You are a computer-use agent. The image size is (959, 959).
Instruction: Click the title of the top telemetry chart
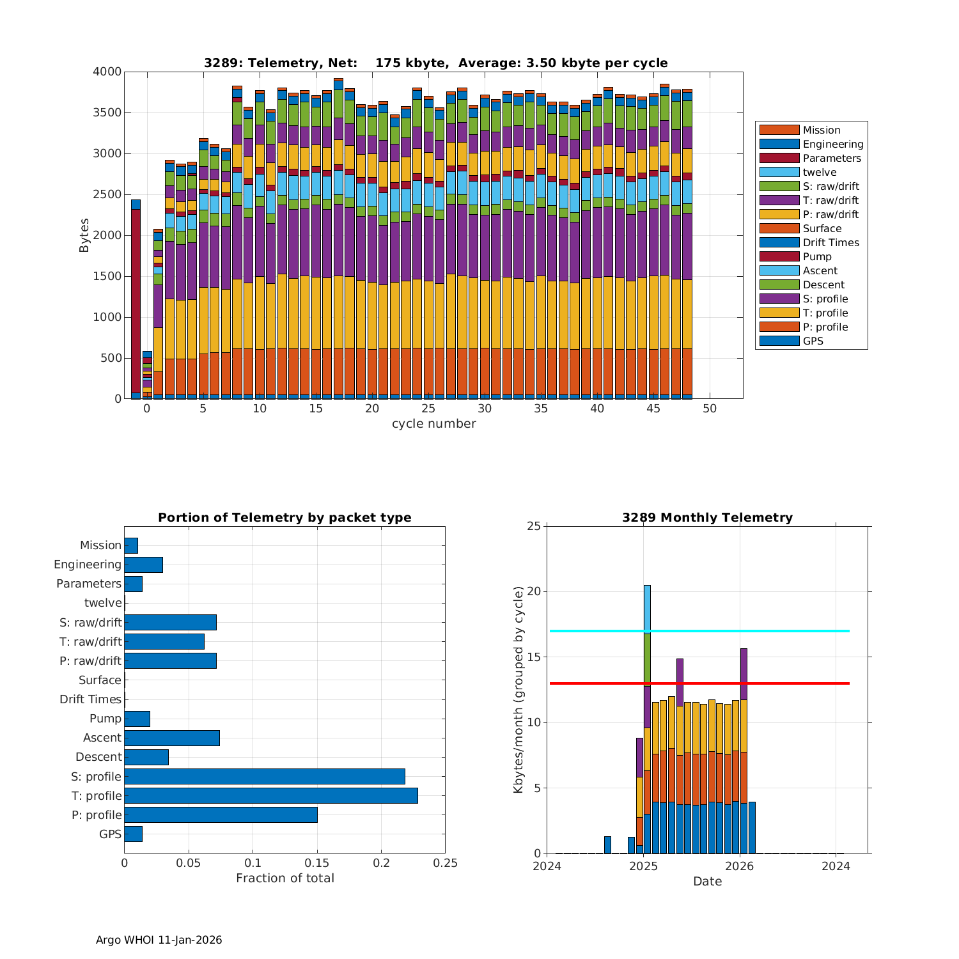click(435, 63)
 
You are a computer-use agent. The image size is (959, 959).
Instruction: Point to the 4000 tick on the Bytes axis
click(107, 72)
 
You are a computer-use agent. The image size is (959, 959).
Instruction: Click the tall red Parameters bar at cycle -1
click(136, 300)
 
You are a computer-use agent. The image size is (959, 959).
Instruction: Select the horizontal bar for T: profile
click(271, 795)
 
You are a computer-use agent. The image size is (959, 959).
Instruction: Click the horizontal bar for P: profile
click(221, 815)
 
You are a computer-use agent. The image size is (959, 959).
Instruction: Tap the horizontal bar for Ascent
click(172, 738)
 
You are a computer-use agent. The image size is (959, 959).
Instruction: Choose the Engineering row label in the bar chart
click(88, 565)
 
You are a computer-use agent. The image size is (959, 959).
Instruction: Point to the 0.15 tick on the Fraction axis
click(317, 862)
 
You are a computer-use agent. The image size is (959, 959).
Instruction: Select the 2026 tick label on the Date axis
click(740, 866)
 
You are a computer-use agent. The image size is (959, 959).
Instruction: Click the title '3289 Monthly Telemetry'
click(707, 517)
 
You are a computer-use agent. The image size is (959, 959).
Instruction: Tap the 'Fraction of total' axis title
click(285, 878)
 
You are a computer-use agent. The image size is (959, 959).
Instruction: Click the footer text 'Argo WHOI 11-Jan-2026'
click(159, 940)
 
